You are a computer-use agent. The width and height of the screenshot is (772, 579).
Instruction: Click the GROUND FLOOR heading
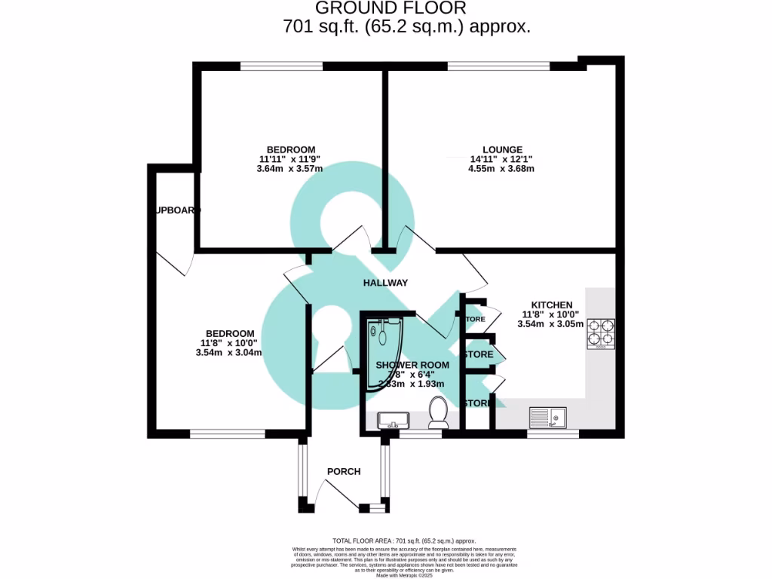[391, 8]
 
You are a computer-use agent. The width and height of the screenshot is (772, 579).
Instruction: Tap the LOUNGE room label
[502, 149]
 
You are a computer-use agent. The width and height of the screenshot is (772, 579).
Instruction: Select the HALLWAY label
[385, 283]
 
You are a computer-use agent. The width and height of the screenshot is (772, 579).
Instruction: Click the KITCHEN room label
[557, 305]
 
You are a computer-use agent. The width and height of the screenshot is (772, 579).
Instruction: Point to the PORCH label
[343, 472]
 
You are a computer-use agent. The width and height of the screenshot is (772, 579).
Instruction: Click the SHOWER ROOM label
[412, 365]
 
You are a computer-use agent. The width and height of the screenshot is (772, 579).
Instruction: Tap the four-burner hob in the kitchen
[602, 332]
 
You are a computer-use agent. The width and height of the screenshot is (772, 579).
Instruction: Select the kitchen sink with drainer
[547, 417]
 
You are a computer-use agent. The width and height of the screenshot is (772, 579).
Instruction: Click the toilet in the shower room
[438, 412]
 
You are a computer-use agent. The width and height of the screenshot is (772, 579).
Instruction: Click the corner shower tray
[386, 352]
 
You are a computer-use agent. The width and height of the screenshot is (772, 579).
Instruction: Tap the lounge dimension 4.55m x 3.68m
[501, 169]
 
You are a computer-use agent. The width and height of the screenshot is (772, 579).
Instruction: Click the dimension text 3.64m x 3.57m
[290, 169]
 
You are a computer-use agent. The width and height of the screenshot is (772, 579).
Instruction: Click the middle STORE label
[479, 354]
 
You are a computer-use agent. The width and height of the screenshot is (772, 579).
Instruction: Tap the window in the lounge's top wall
[499, 66]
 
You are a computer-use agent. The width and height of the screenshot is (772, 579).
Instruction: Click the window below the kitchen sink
[553, 433]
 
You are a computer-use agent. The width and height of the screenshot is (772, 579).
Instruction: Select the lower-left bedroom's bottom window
[227, 433]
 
